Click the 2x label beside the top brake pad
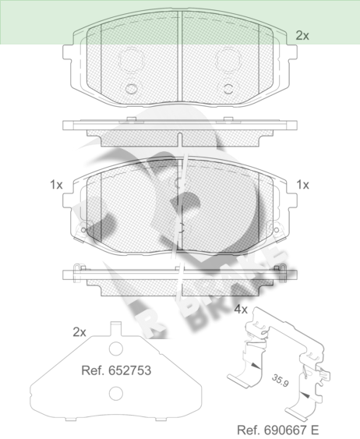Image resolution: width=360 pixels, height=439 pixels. (x=302, y=36)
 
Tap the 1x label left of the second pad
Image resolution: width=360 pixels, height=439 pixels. (x=56, y=185)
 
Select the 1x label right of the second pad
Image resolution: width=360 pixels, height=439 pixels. (x=302, y=185)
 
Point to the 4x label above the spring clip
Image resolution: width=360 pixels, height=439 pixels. (x=241, y=310)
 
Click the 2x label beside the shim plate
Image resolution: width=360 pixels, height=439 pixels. (x=79, y=332)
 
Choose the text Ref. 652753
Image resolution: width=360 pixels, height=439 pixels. (x=116, y=370)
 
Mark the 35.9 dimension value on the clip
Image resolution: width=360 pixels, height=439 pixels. (x=280, y=381)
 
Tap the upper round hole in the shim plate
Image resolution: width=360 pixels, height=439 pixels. (x=116, y=349)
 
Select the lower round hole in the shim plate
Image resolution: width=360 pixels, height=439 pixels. (x=116, y=393)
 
